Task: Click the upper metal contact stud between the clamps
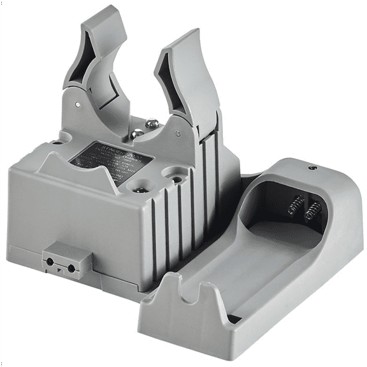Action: pos(151,124)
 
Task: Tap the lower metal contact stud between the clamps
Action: pos(136,134)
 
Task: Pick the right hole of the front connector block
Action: pos(71,268)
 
